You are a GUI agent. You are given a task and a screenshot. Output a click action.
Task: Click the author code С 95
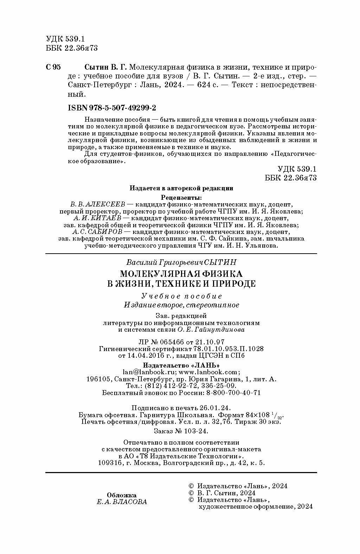click(x=53, y=67)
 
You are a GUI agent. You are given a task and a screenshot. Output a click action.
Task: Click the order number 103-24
click(x=195, y=431)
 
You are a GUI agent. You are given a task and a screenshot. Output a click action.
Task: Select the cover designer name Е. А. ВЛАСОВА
click(x=122, y=502)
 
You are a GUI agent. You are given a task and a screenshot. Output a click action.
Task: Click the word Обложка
click(x=121, y=495)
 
